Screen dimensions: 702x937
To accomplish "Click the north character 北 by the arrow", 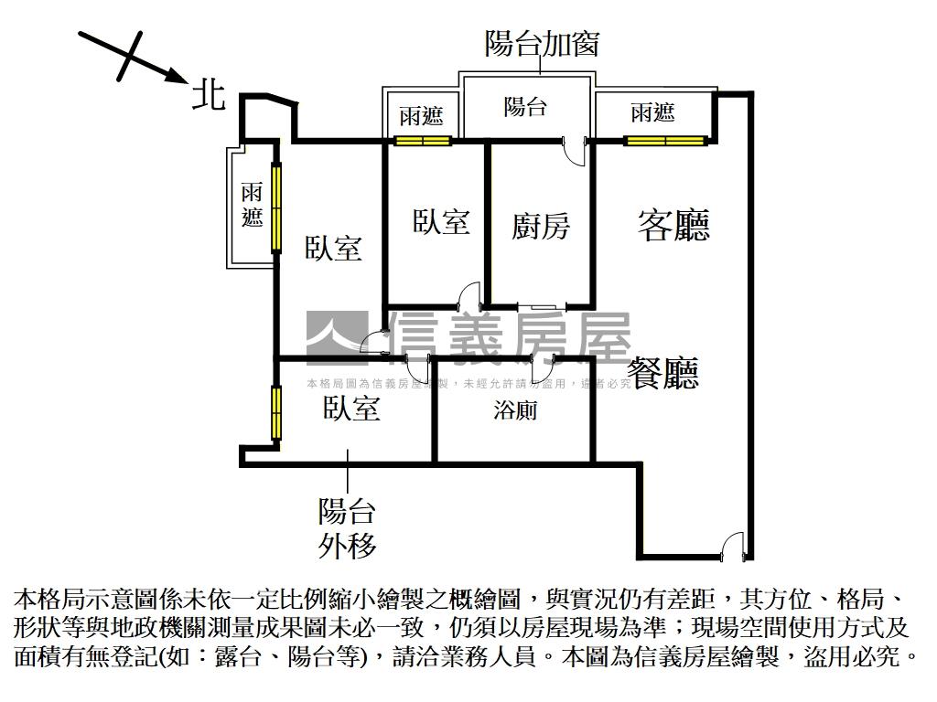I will click(x=209, y=93).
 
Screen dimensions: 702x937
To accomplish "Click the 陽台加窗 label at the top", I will click(x=542, y=43).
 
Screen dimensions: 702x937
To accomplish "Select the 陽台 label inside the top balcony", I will click(x=525, y=107).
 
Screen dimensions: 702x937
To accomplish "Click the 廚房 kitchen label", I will click(x=540, y=226).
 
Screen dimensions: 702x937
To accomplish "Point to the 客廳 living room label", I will click(x=673, y=224).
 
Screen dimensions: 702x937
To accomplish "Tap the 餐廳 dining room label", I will click(x=664, y=373).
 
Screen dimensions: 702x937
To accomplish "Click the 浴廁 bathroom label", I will click(x=515, y=410).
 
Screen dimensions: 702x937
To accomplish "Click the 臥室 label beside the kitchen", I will click(x=441, y=221).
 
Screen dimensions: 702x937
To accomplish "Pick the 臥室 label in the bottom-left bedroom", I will click(x=350, y=409).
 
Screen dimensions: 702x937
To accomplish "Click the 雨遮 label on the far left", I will click(x=252, y=206).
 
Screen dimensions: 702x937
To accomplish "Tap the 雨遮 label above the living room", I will click(x=652, y=113).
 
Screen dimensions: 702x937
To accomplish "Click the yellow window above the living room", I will click(x=665, y=141).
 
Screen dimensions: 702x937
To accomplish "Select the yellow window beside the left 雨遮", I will click(x=275, y=207).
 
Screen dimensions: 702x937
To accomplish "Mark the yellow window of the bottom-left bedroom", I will click(x=275, y=413).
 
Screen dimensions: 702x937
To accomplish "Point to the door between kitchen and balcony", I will click(x=575, y=151).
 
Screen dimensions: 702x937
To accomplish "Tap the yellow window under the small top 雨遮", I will click(x=423, y=141).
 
